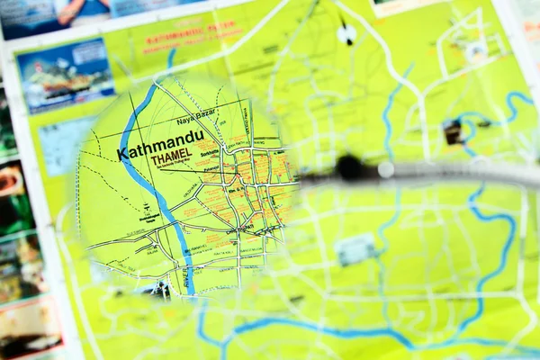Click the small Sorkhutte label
(x=212, y=154)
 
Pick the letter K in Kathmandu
(x=122, y=154)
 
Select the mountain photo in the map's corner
(x=65, y=73)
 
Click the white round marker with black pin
(x=346, y=33)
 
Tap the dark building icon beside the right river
(x=453, y=132)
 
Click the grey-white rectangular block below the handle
(x=356, y=248)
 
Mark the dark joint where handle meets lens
(x=347, y=168)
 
